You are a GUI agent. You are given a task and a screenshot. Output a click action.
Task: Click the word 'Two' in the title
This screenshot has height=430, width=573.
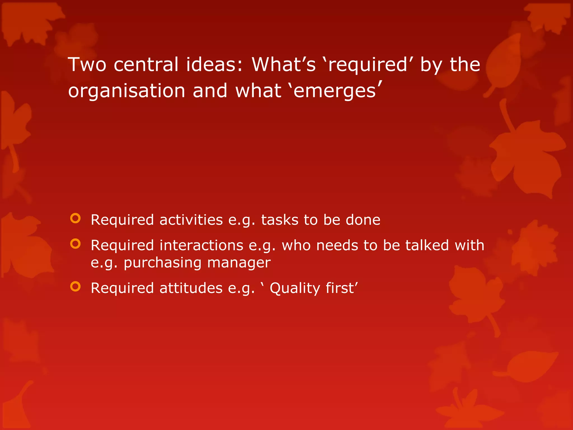pyautogui.click(x=87, y=65)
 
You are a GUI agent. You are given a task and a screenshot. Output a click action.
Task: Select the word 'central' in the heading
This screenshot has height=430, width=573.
pyautogui.click(x=146, y=65)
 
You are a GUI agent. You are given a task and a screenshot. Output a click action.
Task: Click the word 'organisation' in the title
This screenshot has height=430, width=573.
pyautogui.click(x=127, y=91)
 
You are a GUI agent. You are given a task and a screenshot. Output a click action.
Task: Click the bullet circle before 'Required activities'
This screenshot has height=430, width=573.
pyautogui.click(x=75, y=218)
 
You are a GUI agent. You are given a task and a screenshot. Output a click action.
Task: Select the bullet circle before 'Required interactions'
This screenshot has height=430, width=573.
pyautogui.click(x=75, y=244)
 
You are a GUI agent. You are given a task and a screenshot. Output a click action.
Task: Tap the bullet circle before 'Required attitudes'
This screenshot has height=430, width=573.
pyautogui.click(x=75, y=286)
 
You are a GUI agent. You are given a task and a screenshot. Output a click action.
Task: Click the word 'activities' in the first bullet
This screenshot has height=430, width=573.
pyautogui.click(x=191, y=220)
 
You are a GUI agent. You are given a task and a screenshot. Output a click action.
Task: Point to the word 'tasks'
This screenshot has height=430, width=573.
pyautogui.click(x=280, y=220)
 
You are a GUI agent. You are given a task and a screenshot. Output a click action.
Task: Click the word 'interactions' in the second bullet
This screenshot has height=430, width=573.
pyautogui.click(x=201, y=246)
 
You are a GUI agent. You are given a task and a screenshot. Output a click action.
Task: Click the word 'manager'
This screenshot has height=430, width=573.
pyautogui.click(x=239, y=263)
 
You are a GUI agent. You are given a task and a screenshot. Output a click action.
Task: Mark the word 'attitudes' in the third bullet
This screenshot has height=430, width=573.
pyautogui.click(x=191, y=288)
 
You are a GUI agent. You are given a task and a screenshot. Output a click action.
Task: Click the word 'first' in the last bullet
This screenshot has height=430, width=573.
pyautogui.click(x=340, y=288)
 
